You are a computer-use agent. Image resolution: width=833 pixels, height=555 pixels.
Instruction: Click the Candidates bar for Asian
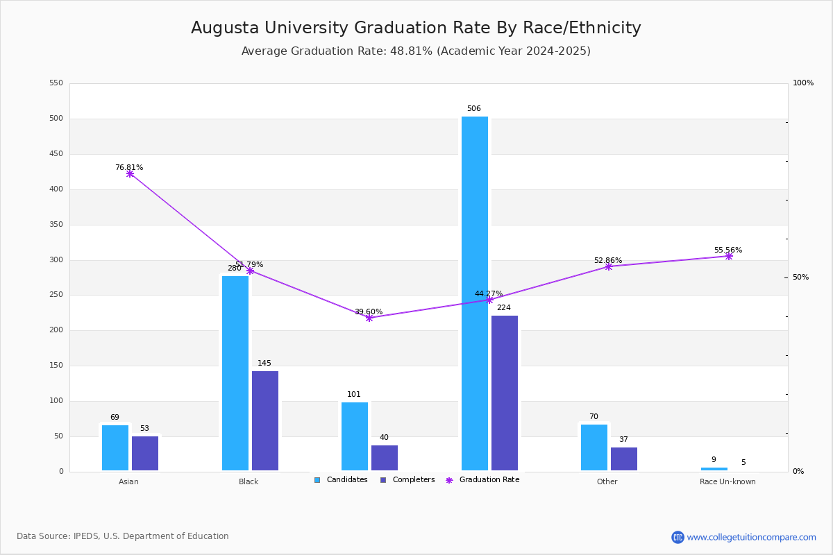tap(115, 447)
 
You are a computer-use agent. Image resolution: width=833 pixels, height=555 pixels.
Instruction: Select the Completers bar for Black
tap(265, 420)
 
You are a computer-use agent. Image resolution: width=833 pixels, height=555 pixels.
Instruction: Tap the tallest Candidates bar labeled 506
tap(475, 293)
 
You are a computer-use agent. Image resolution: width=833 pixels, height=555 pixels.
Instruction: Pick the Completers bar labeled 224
tap(505, 393)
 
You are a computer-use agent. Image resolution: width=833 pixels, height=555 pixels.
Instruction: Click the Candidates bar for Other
tap(594, 447)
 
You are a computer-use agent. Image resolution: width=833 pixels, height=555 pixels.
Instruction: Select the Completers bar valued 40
tap(385, 458)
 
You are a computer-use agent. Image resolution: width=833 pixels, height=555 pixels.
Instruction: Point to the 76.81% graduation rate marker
tap(130, 173)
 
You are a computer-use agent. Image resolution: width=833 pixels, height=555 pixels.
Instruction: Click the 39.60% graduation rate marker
tap(369, 318)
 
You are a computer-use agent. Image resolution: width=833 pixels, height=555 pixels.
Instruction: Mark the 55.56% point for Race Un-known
tap(729, 256)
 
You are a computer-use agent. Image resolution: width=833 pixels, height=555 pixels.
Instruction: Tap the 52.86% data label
tap(607, 261)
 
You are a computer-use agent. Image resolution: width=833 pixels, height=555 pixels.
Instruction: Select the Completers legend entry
tap(413, 480)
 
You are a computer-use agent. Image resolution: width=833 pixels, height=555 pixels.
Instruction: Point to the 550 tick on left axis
tap(56, 83)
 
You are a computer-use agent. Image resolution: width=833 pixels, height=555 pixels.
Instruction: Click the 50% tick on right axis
tap(800, 277)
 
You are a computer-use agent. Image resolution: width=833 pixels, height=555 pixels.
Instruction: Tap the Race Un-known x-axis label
tap(727, 481)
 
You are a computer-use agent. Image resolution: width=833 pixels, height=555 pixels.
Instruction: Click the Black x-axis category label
tap(249, 481)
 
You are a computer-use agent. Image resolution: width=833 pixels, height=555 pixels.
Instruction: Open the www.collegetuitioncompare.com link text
tap(751, 537)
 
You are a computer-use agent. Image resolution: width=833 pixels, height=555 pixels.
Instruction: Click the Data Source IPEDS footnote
tap(123, 536)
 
